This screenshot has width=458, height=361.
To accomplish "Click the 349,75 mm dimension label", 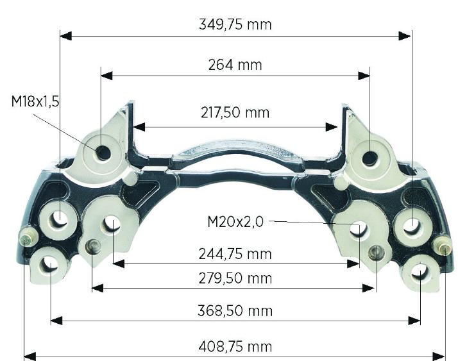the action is [235, 24].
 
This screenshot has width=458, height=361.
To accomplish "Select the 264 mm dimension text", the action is [235, 65].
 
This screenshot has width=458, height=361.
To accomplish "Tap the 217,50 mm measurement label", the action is [235, 112].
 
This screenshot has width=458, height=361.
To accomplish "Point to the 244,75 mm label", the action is [235, 254].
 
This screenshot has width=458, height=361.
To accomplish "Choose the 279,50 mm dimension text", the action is [235, 278].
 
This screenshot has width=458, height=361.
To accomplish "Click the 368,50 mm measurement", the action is [235, 310].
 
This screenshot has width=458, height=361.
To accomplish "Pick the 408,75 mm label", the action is [235, 347].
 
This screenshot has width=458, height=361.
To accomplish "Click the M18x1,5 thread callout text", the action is [35, 101].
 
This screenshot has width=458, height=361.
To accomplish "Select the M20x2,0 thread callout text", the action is [235, 222].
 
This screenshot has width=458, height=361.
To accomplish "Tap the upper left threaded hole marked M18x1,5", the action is [103, 152].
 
